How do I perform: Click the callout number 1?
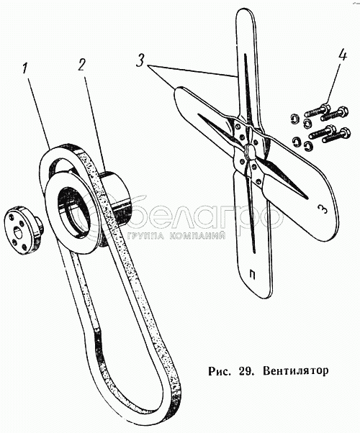coord(25,68)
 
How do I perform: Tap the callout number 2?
coord(81,64)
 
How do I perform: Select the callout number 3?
coord(140,60)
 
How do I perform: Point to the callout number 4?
coord(342,55)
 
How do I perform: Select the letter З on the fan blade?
coord(322,209)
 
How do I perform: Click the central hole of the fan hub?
coord(250,151)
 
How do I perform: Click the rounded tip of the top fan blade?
coord(244,15)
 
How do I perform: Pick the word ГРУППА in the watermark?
coord(145,235)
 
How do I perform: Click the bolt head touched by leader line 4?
coord(325,106)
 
